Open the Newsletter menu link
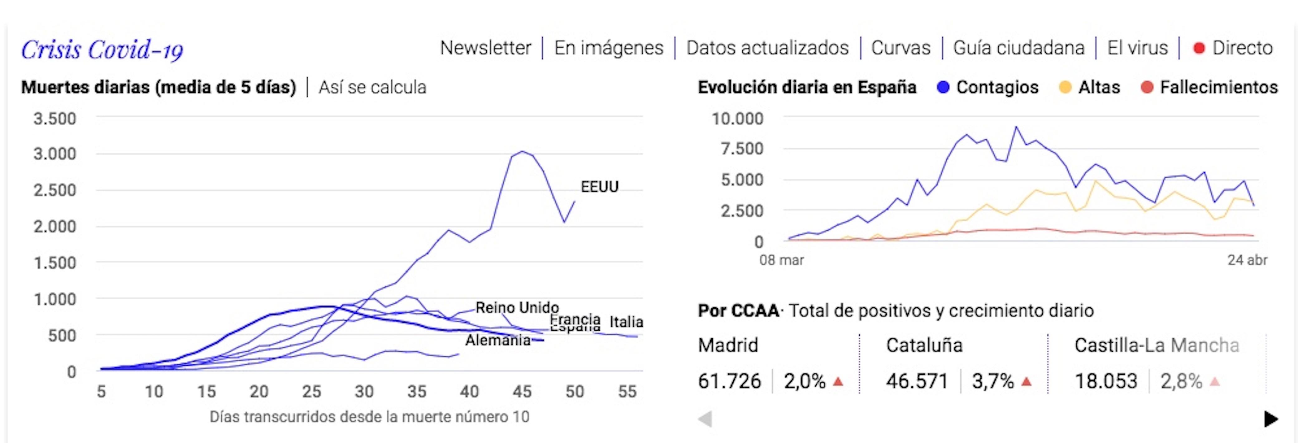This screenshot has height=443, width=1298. (485, 48)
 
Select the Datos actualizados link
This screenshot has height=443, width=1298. (767, 48)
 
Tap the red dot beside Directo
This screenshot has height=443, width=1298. (1199, 48)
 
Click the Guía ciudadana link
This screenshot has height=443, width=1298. (1018, 48)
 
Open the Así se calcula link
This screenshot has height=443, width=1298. (372, 87)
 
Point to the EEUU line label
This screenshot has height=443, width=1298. (599, 187)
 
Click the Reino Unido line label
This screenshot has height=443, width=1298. (517, 307)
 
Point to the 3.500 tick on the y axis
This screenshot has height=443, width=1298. (55, 119)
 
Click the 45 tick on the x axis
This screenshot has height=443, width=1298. (522, 392)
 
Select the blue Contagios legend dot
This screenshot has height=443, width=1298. (943, 87)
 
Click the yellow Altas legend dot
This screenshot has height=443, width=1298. (1065, 87)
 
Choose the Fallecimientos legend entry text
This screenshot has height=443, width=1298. (1218, 87)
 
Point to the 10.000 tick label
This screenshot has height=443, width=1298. (737, 119)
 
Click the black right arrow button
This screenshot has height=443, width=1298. (1271, 419)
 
